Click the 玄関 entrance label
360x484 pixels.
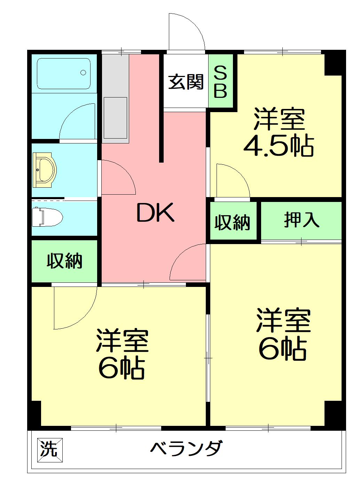click(x=186, y=82)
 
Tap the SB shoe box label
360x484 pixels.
click(x=220, y=82)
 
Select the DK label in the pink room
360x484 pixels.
click(x=155, y=213)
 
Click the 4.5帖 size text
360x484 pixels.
click(x=279, y=146)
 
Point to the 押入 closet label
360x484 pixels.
click(x=302, y=220)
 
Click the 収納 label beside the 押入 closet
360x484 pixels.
click(x=232, y=222)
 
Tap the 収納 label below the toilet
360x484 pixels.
click(x=65, y=261)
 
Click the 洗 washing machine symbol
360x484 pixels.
click(x=49, y=449)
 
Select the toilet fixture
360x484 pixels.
click(x=47, y=217)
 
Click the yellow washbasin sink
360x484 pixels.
click(x=45, y=170)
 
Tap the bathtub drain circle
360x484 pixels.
click(x=83, y=72)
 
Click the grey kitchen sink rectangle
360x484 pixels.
click(x=115, y=118)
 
